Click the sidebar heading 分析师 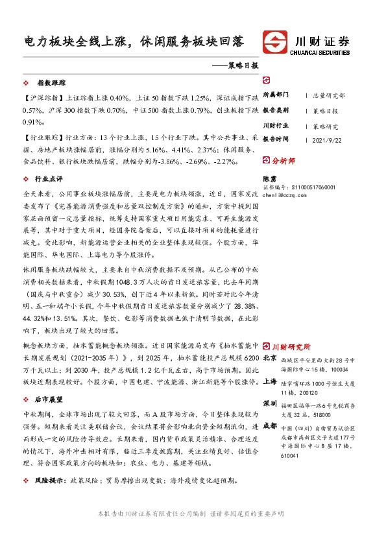click(283, 160)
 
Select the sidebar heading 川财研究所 click(289, 346)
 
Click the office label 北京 click(270, 357)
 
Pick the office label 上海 click(270, 383)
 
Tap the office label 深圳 click(270, 403)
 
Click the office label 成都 click(270, 426)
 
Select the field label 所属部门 click(276, 95)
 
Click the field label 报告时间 click(276, 139)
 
